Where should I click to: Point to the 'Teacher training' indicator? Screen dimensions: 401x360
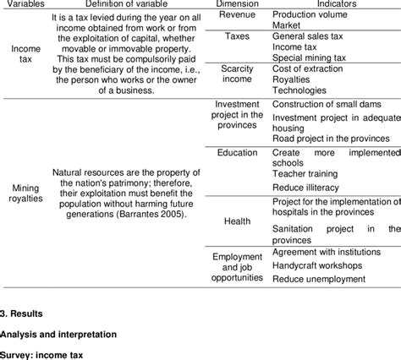point(305,172)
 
